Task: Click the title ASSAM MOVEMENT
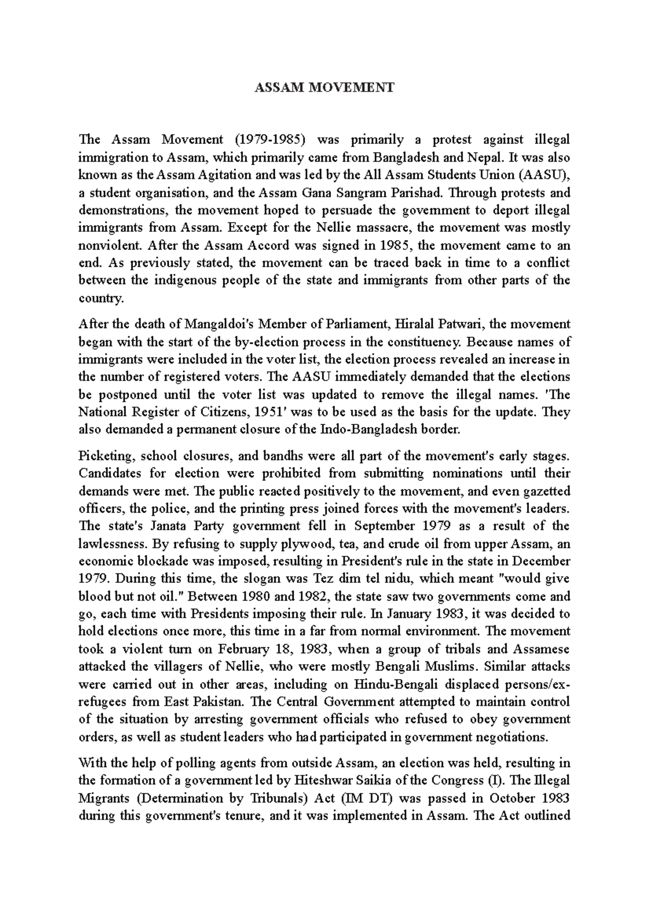[x=325, y=88]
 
